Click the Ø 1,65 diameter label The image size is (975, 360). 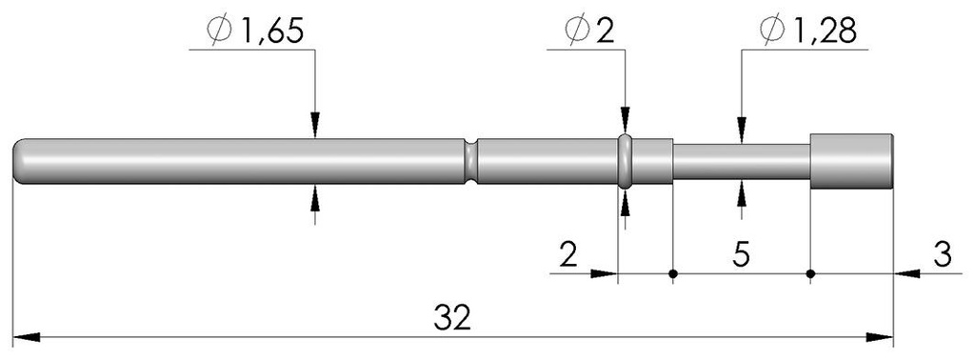(255, 30)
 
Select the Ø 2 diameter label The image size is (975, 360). (588, 30)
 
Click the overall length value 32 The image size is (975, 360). (452, 317)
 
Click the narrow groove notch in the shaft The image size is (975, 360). (470, 160)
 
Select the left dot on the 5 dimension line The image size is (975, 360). (673, 274)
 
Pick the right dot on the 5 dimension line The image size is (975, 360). (810, 274)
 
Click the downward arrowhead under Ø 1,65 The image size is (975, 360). (315, 127)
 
